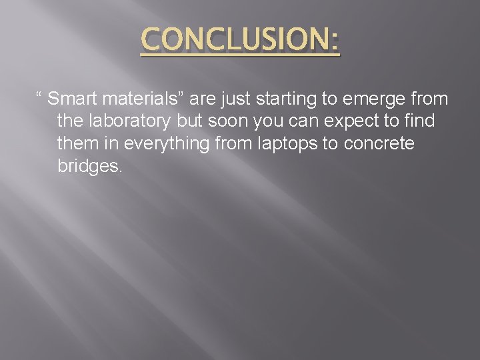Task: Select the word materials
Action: [x=139, y=100]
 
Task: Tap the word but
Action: [x=189, y=122]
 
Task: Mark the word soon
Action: [x=226, y=122]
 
